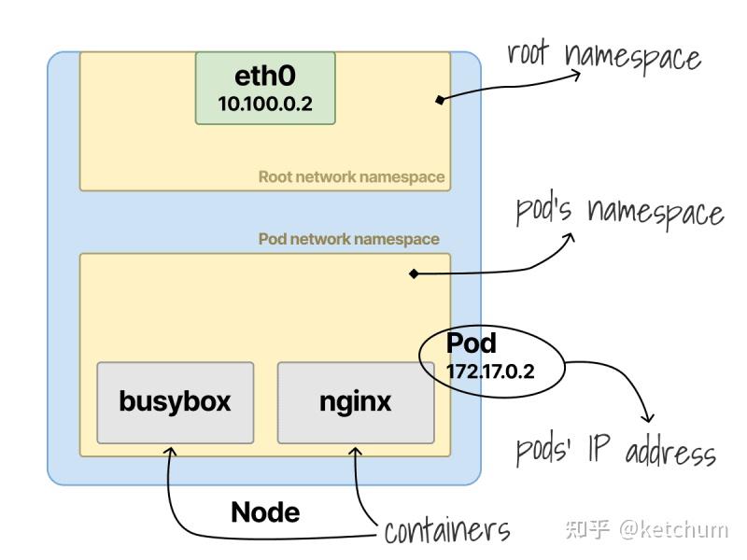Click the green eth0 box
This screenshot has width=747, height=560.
(265, 88)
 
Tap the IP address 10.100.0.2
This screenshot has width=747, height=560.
(265, 105)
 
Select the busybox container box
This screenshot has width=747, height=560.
(175, 402)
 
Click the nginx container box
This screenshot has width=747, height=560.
(356, 402)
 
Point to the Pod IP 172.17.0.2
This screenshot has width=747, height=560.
(491, 371)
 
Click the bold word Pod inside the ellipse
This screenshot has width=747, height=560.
(472, 343)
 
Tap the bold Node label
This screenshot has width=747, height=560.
(265, 511)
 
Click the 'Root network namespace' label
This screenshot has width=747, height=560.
(351, 176)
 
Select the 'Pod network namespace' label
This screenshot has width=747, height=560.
(348, 239)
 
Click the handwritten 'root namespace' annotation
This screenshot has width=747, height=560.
(604, 56)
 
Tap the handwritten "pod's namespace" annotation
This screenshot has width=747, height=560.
(620, 212)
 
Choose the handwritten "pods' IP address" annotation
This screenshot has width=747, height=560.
(616, 453)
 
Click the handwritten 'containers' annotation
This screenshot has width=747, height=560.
(447, 531)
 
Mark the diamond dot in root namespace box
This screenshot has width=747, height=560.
(439, 98)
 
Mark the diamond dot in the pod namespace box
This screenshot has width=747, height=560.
(413, 274)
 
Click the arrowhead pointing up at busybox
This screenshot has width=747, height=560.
(170, 451)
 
